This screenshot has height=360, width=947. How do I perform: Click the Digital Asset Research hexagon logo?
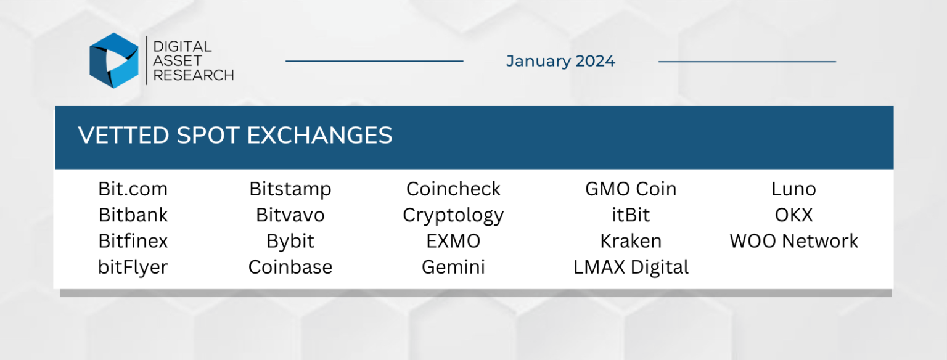[114, 60]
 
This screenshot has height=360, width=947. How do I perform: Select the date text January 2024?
[560, 61]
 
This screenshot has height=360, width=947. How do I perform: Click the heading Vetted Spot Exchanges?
[235, 136]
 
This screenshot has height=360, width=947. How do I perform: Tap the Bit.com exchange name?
[133, 189]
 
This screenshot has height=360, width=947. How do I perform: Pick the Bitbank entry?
[133, 215]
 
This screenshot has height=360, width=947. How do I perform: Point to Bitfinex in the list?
[133, 241]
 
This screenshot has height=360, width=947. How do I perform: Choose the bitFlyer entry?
[133, 268]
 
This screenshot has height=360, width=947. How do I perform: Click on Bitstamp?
[290, 189]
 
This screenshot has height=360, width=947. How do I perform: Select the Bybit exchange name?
[290, 241]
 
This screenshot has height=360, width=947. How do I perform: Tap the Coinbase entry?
[290, 268]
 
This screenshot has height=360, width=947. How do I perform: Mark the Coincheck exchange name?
[453, 189]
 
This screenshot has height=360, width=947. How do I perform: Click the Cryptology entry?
[453, 215]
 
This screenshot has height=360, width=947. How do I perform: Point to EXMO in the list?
[453, 241]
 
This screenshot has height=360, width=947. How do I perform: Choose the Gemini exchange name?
[453, 268]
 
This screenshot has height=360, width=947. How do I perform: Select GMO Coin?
[631, 189]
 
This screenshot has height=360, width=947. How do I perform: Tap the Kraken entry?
[631, 241]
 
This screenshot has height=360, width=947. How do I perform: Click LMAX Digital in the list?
[631, 268]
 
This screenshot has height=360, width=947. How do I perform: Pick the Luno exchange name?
[793, 189]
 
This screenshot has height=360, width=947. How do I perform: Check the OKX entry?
[793, 215]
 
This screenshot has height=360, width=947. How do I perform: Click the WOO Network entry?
[793, 241]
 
